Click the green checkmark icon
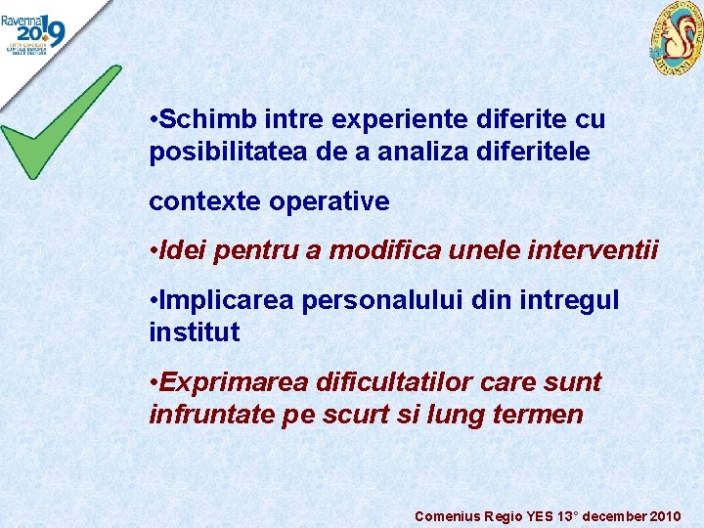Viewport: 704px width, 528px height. point(59,122)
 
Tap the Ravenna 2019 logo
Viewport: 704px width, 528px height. point(34,31)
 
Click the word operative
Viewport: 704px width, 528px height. point(329,202)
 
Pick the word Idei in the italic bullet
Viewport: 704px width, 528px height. point(183,251)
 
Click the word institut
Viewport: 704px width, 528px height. point(194,332)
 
